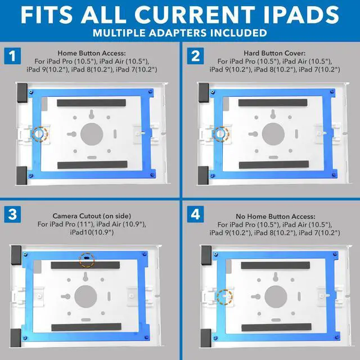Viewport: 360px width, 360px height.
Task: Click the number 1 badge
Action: click(12, 56)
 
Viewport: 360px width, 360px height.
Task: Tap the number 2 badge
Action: click(195, 56)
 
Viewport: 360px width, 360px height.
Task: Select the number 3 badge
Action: click(12, 214)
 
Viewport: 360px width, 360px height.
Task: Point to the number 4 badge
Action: click(195, 214)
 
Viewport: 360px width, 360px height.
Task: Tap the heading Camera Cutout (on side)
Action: click(92, 215)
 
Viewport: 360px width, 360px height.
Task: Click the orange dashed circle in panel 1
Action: click(39, 134)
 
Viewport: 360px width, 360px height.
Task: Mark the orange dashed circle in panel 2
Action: click(221, 133)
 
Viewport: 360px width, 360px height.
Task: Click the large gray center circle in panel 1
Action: click(92, 134)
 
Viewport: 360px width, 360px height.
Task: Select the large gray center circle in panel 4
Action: click(276, 295)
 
